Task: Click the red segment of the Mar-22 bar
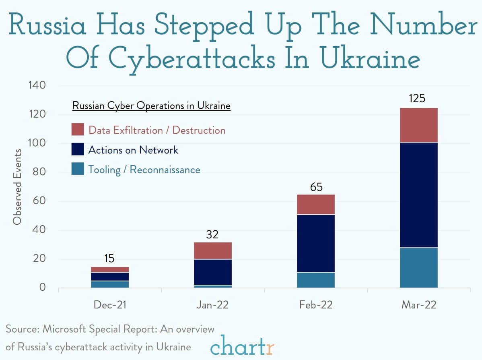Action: [x=418, y=125]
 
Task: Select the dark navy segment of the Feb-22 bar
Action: [x=315, y=243]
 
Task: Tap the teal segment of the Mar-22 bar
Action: [x=418, y=267]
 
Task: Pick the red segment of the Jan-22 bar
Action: [x=212, y=250]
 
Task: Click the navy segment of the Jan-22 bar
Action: [x=212, y=272]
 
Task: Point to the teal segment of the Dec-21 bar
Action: [x=109, y=284]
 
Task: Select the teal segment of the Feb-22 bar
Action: [x=315, y=280]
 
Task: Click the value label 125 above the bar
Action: [x=417, y=98]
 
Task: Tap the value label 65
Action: [x=316, y=187]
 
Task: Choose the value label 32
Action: [x=212, y=234]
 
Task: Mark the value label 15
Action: [x=109, y=259]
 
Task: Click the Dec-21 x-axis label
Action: [x=109, y=305]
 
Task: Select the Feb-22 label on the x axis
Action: [x=316, y=305]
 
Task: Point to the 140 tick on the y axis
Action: [x=37, y=85]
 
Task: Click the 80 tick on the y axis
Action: [x=39, y=172]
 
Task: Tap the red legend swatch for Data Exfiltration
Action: [x=78, y=130]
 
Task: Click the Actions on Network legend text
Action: [x=133, y=150]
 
